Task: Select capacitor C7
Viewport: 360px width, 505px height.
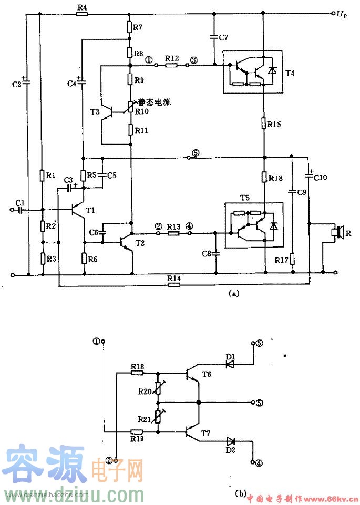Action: [214, 36]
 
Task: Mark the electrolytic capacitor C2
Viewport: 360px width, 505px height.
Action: [26, 82]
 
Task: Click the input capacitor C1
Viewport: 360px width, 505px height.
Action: [20, 210]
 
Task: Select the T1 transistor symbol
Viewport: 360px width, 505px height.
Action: [77, 210]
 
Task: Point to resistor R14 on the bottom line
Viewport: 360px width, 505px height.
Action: [173, 285]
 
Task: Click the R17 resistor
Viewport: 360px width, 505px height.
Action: [293, 260]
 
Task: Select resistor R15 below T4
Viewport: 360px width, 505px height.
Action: [263, 125]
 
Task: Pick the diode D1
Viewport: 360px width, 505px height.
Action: [230, 364]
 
